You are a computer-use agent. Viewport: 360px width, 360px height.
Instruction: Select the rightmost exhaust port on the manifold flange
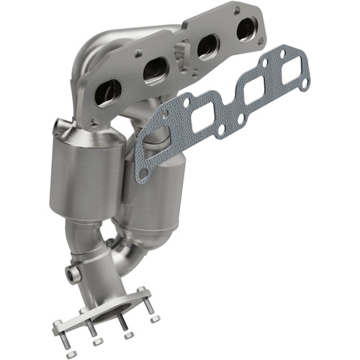click(245, 28)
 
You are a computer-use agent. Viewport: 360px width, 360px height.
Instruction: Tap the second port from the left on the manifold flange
click(156, 70)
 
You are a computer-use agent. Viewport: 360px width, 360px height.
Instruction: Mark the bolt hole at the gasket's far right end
click(305, 84)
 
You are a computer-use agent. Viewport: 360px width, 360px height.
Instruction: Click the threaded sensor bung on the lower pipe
click(72, 274)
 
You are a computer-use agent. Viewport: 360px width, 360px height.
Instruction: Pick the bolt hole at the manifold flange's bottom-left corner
click(92, 123)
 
